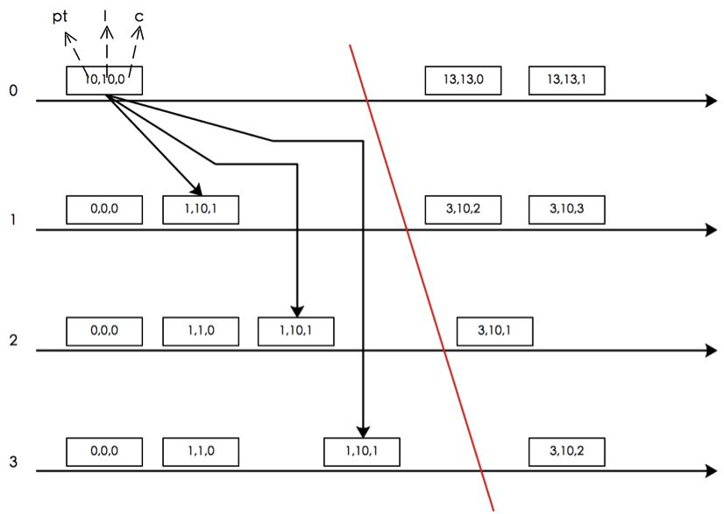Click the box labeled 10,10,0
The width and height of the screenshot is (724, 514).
[x=104, y=81]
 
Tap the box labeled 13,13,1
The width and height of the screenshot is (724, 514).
[x=566, y=80]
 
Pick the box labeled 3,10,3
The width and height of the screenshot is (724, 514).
[x=566, y=210]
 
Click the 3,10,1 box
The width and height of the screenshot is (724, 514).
[x=495, y=330]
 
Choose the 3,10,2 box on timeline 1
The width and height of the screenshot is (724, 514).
[x=463, y=210]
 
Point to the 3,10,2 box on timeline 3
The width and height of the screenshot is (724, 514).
[x=566, y=451]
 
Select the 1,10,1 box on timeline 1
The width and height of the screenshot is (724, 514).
[x=201, y=210]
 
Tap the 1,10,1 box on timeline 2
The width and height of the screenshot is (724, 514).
[x=295, y=330]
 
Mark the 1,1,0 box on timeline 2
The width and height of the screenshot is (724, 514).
[x=201, y=330]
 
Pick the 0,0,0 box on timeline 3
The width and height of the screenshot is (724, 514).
[x=104, y=451]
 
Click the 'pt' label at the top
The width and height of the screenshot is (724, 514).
[x=60, y=16]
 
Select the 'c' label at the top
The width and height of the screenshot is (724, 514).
[x=139, y=16]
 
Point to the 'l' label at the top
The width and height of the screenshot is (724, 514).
[x=106, y=15]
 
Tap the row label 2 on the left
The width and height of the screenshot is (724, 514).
[x=13, y=340]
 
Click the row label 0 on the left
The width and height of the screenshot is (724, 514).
[x=13, y=90]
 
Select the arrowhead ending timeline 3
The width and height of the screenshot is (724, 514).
[x=711, y=472]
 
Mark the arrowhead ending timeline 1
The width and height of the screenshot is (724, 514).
[x=711, y=230]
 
